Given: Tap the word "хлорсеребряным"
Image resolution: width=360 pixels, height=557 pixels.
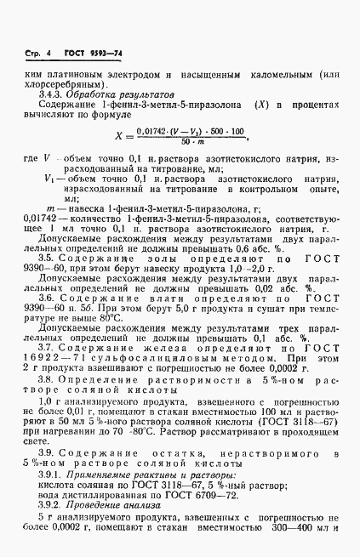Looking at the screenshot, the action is point(57,84).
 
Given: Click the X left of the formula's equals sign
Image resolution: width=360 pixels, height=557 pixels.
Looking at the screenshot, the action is point(119,134).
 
